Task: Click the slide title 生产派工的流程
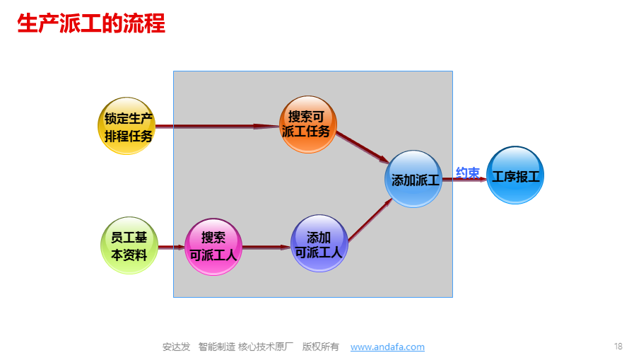pyautogui.click(x=91, y=23)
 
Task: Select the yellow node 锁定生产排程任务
pyautogui.click(x=127, y=126)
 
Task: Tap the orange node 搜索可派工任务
pyautogui.click(x=308, y=124)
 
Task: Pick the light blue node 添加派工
pyautogui.click(x=413, y=179)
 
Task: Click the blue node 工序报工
pyautogui.click(x=515, y=175)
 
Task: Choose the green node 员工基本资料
pyautogui.click(x=129, y=245)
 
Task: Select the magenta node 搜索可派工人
pyautogui.click(x=213, y=247)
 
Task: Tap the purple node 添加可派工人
pyautogui.click(x=319, y=243)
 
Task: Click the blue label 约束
pyautogui.click(x=468, y=173)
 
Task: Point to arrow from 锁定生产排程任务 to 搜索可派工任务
pyautogui.click(x=218, y=126)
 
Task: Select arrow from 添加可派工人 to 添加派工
pyautogui.click(x=370, y=220)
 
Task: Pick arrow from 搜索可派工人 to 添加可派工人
pyautogui.click(x=266, y=247)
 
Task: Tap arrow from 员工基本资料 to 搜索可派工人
pyautogui.click(x=172, y=247)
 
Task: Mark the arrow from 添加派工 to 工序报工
pyautogui.click(x=464, y=179)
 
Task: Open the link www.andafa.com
pyautogui.click(x=387, y=347)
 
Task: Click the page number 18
pyautogui.click(x=618, y=347)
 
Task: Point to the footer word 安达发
pyautogui.click(x=176, y=347)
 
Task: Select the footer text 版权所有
pyautogui.click(x=321, y=347)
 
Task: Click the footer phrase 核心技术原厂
pyautogui.click(x=266, y=347)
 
